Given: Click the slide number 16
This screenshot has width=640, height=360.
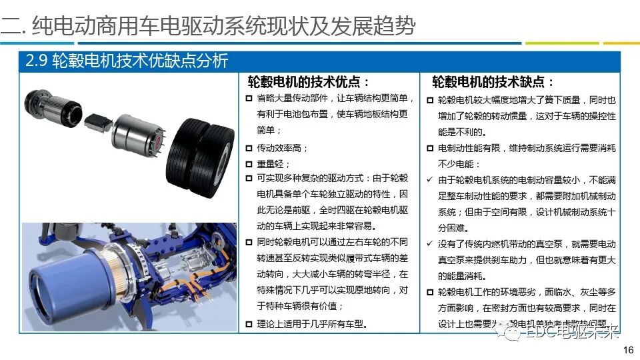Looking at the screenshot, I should click(627, 351).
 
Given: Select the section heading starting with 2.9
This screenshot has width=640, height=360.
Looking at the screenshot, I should click(127, 61).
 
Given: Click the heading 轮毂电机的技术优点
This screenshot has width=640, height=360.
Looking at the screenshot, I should click(309, 82).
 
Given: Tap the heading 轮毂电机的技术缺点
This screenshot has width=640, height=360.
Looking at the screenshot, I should click(493, 82).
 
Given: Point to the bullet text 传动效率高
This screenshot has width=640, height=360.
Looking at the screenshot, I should click(283, 147).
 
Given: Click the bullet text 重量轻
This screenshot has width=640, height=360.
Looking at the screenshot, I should click(274, 163).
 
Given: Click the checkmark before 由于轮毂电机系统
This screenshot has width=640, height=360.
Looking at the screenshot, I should click(430, 180).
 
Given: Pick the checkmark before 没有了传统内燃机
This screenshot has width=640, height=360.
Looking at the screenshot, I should click(430, 244).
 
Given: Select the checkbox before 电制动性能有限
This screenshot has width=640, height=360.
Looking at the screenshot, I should click(430, 148).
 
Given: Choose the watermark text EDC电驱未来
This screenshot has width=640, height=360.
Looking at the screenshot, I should click(573, 331).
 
